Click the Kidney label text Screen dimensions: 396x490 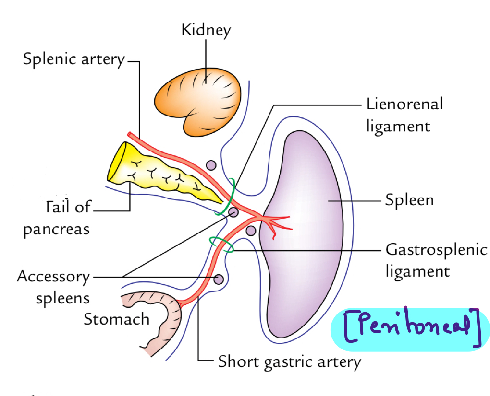click(x=206, y=30)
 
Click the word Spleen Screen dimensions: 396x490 click(x=409, y=200)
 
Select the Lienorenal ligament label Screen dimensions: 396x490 click(x=404, y=115)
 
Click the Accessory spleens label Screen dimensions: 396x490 click(x=54, y=287)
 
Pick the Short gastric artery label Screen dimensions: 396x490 click(x=289, y=362)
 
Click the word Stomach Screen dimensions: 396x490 click(x=116, y=319)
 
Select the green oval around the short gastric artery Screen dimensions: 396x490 click(x=221, y=245)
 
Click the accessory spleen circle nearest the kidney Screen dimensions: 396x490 click(x=210, y=165)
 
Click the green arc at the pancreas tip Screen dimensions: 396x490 click(x=229, y=197)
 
